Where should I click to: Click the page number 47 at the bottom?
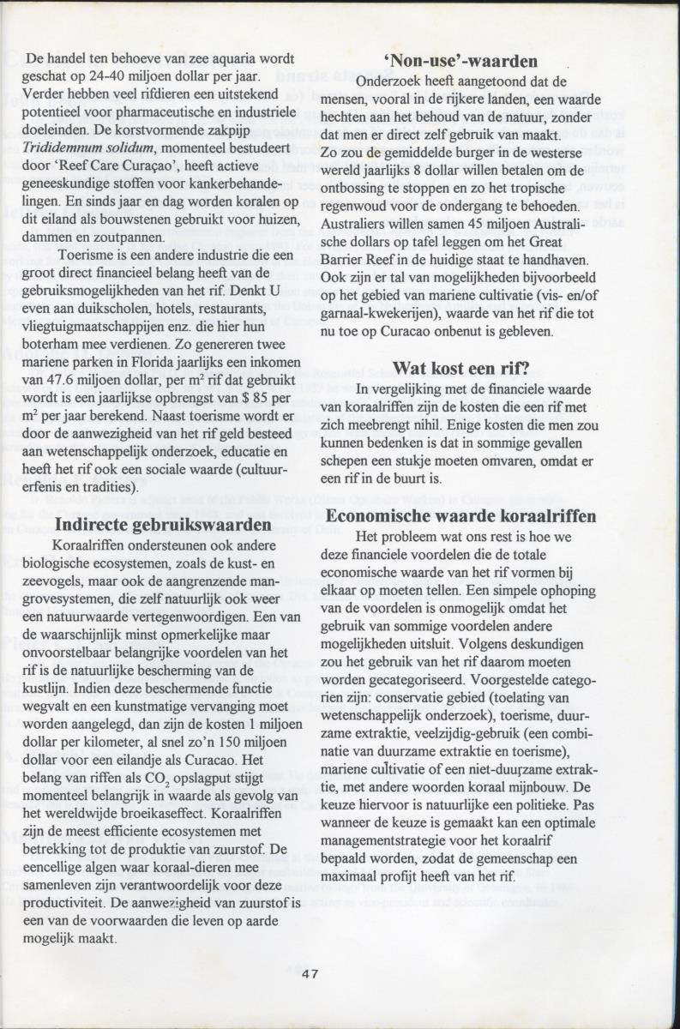310,972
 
